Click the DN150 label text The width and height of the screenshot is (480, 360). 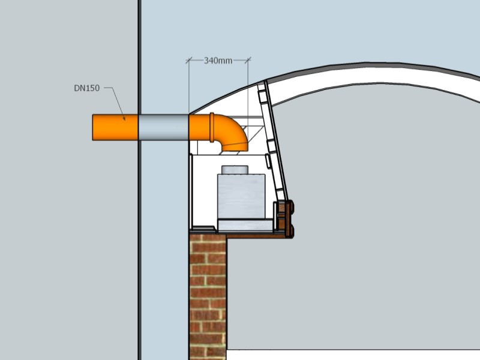pos(86,88)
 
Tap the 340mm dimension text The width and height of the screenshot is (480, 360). pos(218,61)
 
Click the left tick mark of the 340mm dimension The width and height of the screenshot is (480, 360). pos(188,61)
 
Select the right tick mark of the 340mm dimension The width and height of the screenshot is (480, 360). pos(248,61)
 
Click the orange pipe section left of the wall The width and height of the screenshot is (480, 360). pos(115,127)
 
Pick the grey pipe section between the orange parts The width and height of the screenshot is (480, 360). pos(163,127)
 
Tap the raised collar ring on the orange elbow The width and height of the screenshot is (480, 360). pos(212,127)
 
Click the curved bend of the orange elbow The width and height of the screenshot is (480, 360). pos(234,128)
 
